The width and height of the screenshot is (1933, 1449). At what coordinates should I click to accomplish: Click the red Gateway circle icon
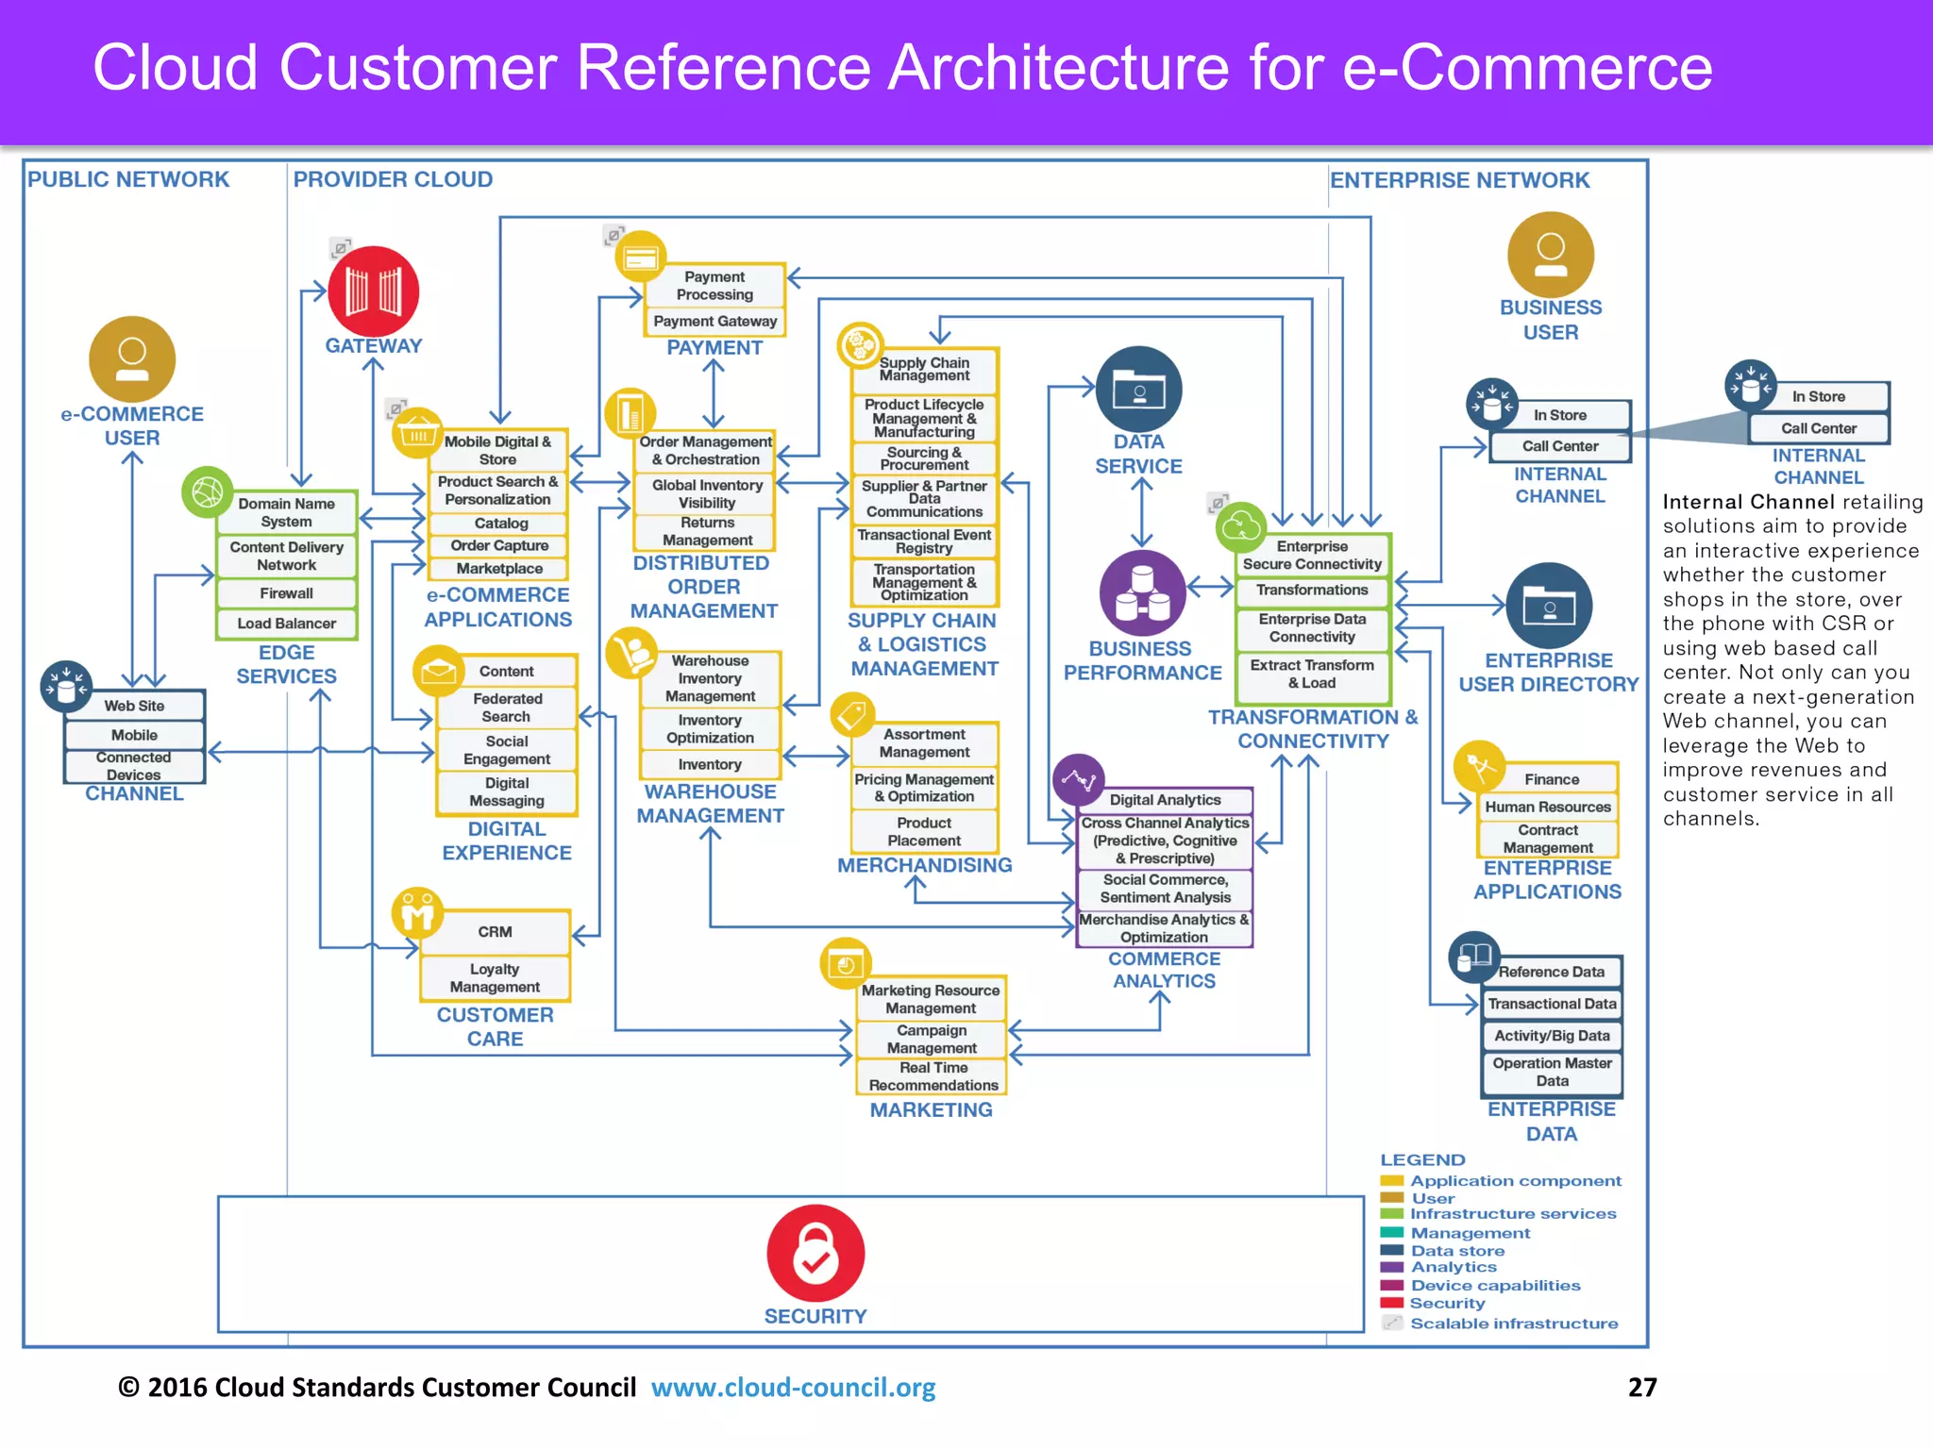tap(374, 291)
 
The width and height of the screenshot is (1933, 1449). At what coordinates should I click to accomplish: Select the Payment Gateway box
tap(715, 322)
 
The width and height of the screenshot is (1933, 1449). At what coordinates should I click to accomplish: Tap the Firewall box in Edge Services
tap(287, 593)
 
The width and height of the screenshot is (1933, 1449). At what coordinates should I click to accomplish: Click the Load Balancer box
tap(287, 624)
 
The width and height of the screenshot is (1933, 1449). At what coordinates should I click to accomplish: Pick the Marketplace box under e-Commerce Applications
tap(499, 569)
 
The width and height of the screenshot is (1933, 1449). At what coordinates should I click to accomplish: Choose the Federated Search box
tap(508, 708)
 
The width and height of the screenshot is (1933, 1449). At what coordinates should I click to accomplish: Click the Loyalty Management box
tap(495, 978)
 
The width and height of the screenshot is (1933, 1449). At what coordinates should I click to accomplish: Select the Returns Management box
tap(707, 531)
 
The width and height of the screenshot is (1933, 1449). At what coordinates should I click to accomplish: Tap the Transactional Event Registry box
tap(924, 541)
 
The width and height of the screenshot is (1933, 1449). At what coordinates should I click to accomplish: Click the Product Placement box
tap(924, 832)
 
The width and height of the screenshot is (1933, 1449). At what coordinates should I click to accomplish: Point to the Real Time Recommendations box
tap(933, 1076)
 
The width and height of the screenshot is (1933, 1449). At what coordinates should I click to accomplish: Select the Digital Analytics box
tap(1165, 800)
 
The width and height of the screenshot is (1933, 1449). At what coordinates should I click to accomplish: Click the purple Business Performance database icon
tap(1142, 592)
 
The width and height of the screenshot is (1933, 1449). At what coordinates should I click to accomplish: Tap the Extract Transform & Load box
tap(1312, 674)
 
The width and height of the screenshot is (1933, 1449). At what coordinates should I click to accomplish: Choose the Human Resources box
tap(1548, 808)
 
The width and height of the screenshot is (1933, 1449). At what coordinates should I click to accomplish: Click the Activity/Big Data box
tap(1552, 1036)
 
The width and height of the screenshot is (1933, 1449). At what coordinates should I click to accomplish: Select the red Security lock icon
tap(815, 1253)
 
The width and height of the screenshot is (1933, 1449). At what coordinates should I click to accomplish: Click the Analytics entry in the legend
tap(1454, 1268)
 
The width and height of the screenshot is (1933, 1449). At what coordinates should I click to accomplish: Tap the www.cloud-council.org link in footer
tap(793, 1388)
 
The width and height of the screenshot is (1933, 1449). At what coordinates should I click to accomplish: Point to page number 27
tap(1642, 1387)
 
